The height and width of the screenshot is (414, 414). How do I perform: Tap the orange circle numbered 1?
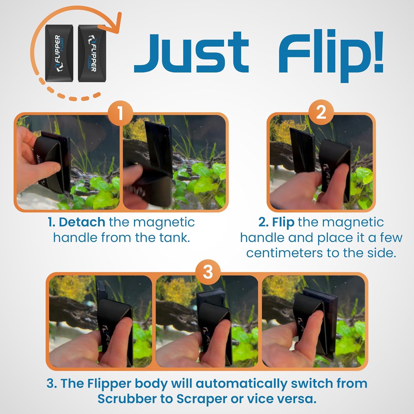click(x=120, y=113)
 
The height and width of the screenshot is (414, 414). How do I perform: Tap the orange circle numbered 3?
click(x=208, y=272)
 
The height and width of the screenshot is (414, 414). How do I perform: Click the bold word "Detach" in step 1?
click(x=82, y=222)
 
